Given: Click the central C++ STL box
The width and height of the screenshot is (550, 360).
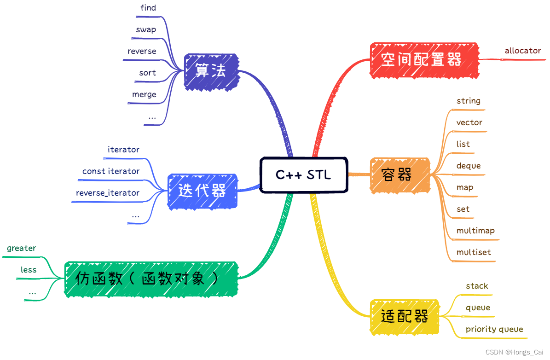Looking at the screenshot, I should pos(303,175).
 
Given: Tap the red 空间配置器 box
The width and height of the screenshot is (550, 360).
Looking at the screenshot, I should pos(424,59).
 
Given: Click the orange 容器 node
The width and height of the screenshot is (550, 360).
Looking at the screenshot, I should pos(399,175).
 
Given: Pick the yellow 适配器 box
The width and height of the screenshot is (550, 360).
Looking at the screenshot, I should pos(405,316).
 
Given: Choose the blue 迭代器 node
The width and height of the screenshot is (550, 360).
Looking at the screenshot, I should pos(203,192).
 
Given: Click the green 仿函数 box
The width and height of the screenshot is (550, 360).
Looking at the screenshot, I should pos(151,279).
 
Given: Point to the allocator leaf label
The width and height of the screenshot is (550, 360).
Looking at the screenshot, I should pos(522,51).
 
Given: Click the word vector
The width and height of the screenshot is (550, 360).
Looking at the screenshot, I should pos(469,122).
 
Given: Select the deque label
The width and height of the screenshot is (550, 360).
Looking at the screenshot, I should pos(468,166).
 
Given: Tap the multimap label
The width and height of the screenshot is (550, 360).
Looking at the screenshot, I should pos(475,231).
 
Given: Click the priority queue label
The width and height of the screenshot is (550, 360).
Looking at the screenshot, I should pos(494,329).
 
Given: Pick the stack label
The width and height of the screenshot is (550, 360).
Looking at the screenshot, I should pos(476,286).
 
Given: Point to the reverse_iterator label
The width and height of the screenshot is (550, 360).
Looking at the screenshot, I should pos(108,193).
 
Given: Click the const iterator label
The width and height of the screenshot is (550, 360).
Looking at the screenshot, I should pos(110,171).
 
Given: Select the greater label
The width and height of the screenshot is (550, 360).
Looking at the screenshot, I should pos(21,248).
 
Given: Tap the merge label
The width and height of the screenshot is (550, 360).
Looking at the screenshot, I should pos(144,94).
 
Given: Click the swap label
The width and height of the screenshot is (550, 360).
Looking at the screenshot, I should pos(146,29).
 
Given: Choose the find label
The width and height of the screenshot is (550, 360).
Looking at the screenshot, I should pos(148,8).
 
